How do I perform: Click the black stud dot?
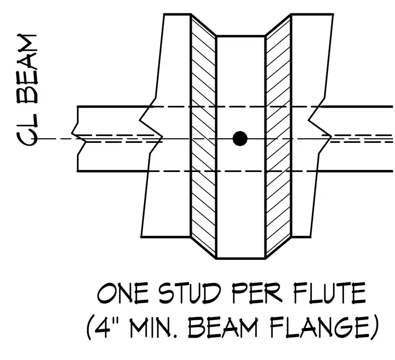(240, 139)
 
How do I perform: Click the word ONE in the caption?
(123, 294)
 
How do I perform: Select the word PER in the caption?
(257, 294)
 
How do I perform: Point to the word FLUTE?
(330, 294)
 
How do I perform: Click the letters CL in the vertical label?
(27, 131)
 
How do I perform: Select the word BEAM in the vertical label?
(27, 69)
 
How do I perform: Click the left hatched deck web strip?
(203, 136)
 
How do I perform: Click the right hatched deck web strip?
(279, 136)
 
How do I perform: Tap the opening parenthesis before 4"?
(90, 327)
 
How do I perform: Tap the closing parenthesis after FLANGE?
(375, 327)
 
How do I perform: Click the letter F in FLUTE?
(300, 294)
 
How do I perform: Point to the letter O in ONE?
(106, 294)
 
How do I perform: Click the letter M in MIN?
(138, 327)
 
